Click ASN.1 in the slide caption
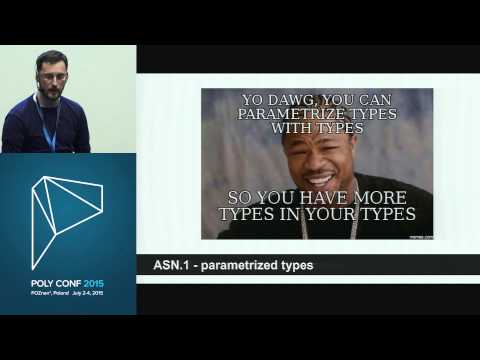pyautogui.click(x=170, y=265)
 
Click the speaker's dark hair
pyautogui.click(x=51, y=56)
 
